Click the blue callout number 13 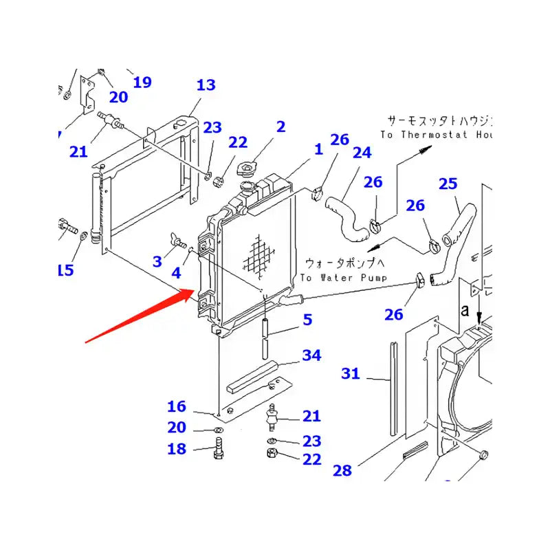[206, 85]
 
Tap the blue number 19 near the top [142, 82]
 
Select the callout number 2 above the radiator [280, 126]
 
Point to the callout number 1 [318, 149]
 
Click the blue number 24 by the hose [362, 152]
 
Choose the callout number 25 [448, 184]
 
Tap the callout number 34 [311, 355]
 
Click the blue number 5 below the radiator [307, 319]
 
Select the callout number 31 [351, 373]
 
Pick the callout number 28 [342, 470]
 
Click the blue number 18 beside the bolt [177, 449]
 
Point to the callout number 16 [177, 406]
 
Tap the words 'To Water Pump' [343, 277]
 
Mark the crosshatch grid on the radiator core [260, 258]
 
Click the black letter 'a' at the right [465, 311]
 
